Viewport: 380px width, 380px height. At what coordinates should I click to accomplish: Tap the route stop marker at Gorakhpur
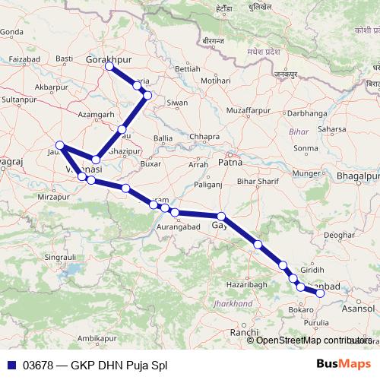pyautogui.click(x=109, y=67)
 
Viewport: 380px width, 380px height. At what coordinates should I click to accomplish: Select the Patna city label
pyautogui.click(x=230, y=162)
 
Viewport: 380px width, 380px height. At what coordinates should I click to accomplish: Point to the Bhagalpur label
pyautogui.click(x=356, y=176)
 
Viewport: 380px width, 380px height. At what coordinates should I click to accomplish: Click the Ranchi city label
pyautogui.click(x=245, y=333)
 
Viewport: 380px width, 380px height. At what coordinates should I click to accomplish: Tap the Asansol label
pyautogui.click(x=358, y=310)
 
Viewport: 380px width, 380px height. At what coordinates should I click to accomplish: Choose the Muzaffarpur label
pyautogui.click(x=248, y=111)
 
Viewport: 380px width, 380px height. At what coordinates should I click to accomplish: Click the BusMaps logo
pyautogui.click(x=344, y=364)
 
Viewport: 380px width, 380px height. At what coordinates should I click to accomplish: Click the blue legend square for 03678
pyautogui.click(x=11, y=364)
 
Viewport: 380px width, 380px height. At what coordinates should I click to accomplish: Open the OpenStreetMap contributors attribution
pyautogui.click(x=313, y=340)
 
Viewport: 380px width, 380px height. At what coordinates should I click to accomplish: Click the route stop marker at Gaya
pyautogui.click(x=221, y=217)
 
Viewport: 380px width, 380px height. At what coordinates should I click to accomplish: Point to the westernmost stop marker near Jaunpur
pyautogui.click(x=60, y=145)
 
